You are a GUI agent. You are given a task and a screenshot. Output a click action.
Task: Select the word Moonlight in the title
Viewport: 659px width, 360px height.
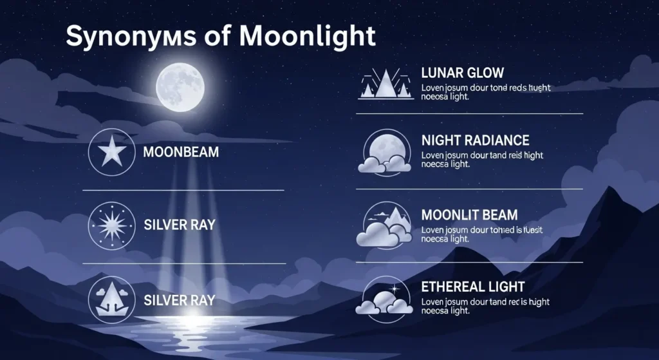click(307, 37)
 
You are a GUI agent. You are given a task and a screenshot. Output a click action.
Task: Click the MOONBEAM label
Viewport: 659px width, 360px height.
click(181, 153)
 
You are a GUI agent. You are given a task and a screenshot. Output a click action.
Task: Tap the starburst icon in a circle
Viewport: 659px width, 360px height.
click(111, 225)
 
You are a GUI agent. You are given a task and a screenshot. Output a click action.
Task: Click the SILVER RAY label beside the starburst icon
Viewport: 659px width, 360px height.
click(180, 226)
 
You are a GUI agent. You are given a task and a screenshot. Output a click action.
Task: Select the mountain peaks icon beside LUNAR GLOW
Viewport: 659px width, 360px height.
click(384, 84)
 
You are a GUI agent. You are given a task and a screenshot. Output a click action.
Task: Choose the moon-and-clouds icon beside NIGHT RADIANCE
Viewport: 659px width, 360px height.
click(384, 152)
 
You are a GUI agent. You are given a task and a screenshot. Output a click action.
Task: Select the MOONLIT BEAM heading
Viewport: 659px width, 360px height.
click(469, 214)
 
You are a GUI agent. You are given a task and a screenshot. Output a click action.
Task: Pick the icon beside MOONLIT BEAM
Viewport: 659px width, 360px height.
click(384, 225)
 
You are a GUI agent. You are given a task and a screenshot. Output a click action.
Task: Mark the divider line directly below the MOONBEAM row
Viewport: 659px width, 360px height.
click(183, 190)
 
